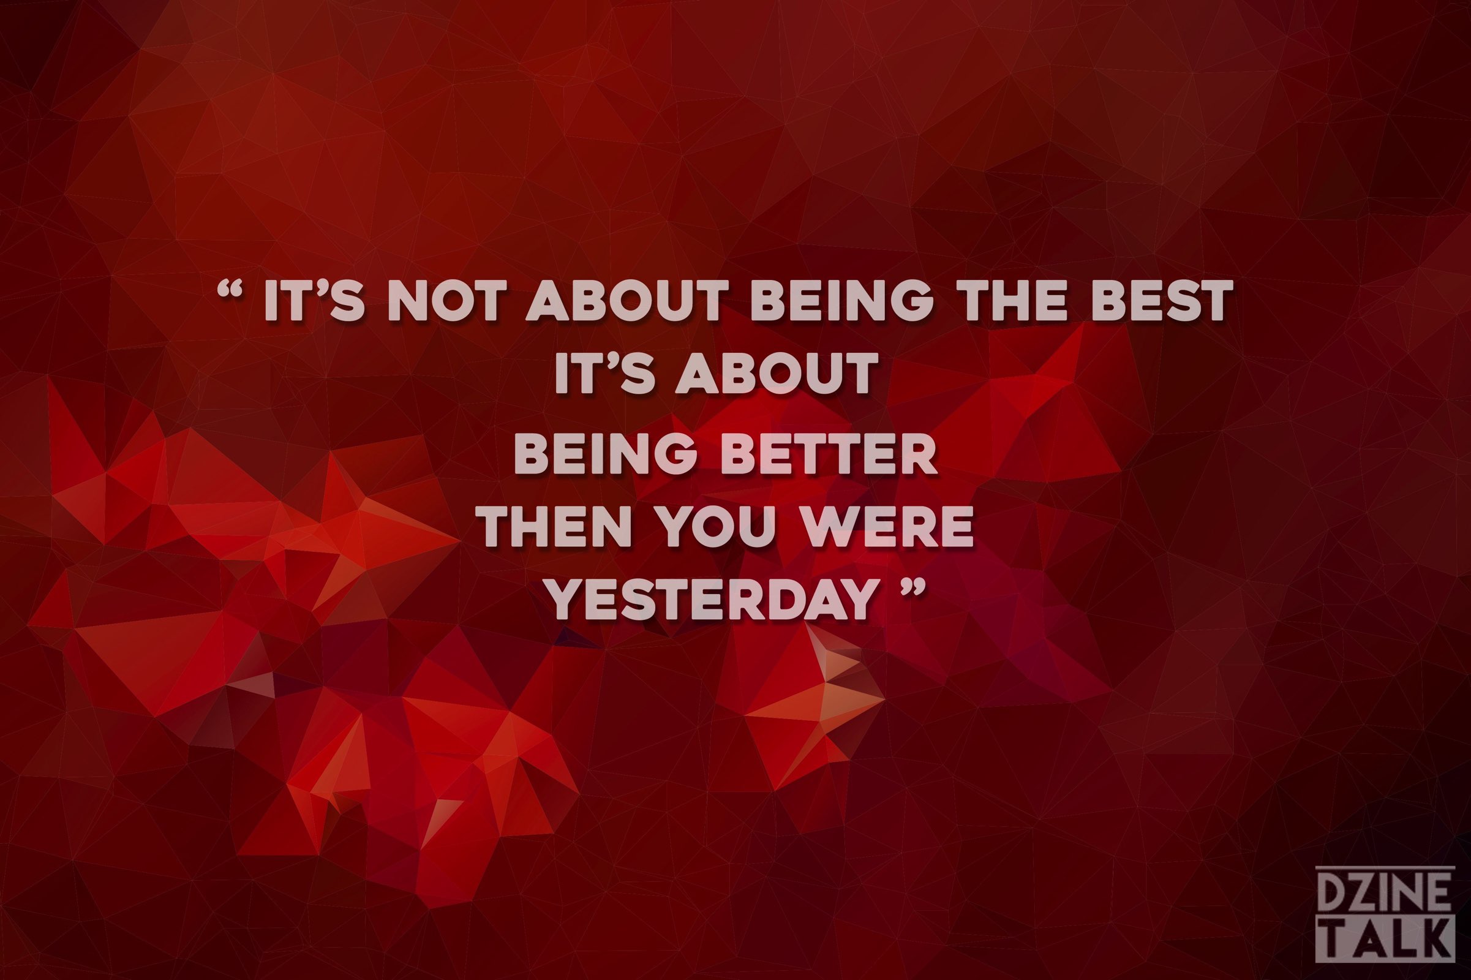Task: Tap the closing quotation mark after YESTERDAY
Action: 914,586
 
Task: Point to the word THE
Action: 1014,301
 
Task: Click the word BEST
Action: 1162,301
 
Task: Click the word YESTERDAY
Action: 714,598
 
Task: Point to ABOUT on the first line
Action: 627,301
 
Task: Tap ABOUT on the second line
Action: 777,373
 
